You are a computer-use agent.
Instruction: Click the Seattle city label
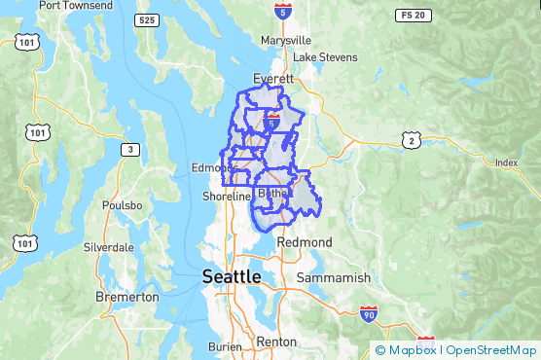(x=232, y=277)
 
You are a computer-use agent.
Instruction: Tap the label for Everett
(x=272, y=78)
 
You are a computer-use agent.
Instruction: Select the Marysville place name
(x=286, y=41)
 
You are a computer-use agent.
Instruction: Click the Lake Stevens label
(x=325, y=57)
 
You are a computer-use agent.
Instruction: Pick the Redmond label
(x=305, y=241)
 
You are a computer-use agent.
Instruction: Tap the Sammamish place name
(x=336, y=278)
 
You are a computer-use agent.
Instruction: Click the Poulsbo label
(x=122, y=205)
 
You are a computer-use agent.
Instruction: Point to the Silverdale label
(x=107, y=247)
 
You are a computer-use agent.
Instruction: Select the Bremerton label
(x=127, y=296)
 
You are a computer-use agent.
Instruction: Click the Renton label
(x=276, y=342)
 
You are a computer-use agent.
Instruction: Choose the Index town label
(x=506, y=162)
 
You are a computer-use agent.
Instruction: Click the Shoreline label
(x=227, y=197)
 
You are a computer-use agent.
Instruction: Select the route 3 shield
(x=129, y=149)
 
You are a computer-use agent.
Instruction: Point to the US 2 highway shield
(x=412, y=141)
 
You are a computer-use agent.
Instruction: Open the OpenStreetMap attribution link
(x=492, y=350)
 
